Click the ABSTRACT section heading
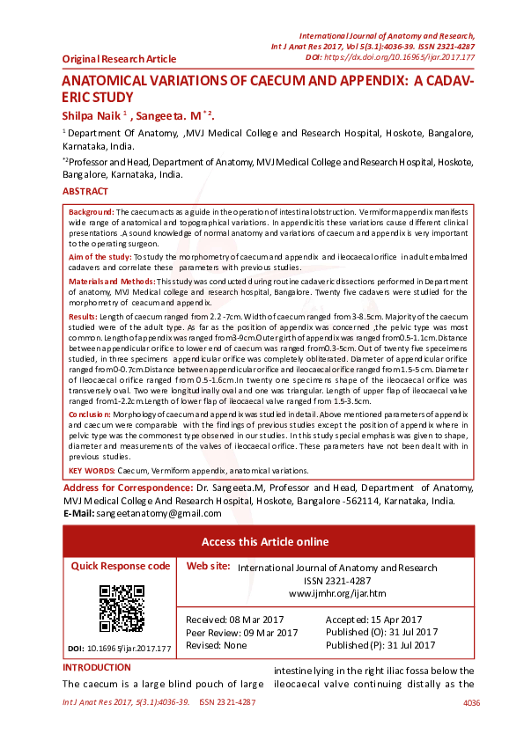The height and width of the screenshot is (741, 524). [85, 192]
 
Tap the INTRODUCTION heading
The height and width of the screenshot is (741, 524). [97, 668]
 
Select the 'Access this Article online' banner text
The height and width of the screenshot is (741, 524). [265, 541]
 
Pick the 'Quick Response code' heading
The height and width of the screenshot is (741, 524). [121, 566]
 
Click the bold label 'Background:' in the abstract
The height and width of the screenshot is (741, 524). [92, 213]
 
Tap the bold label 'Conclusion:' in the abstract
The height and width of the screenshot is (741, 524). [91, 413]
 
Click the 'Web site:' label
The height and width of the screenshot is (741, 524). [210, 567]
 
